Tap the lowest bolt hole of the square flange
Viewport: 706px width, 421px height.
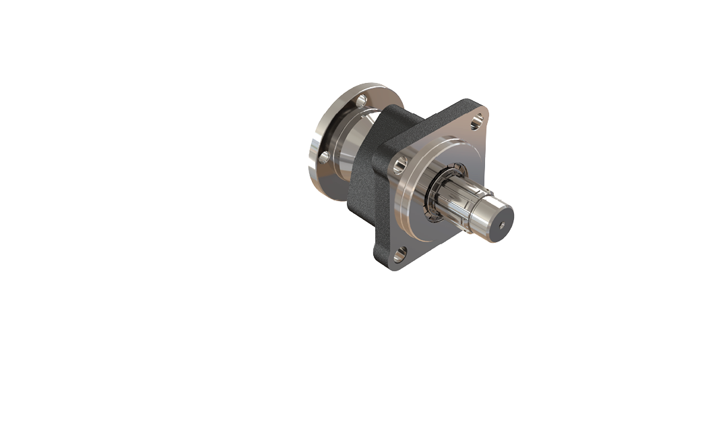pyautogui.click(x=399, y=254)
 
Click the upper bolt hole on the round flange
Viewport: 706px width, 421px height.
pyautogui.click(x=361, y=101)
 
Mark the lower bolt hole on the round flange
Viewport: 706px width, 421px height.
pyautogui.click(x=325, y=157)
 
